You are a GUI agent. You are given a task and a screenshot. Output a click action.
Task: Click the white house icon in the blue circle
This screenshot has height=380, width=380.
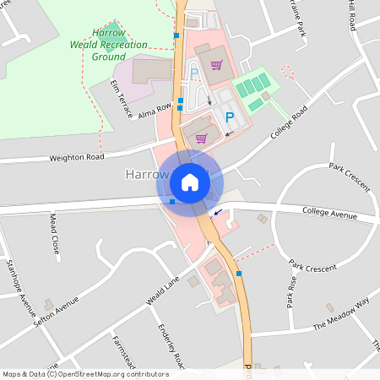190,182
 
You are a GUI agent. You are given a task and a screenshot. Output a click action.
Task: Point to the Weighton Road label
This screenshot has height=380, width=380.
77,157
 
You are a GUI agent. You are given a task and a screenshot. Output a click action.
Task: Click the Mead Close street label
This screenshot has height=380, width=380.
54,234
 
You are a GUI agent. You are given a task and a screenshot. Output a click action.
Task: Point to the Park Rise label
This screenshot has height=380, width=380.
291,291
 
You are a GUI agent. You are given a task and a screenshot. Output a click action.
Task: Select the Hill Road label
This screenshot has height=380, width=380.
350,15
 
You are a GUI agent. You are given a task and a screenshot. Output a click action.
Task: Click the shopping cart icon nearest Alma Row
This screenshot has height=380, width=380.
201,138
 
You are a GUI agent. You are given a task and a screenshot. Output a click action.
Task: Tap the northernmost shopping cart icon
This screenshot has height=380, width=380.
217,65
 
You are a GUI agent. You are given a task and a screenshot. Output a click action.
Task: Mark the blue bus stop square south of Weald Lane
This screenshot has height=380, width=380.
240,274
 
